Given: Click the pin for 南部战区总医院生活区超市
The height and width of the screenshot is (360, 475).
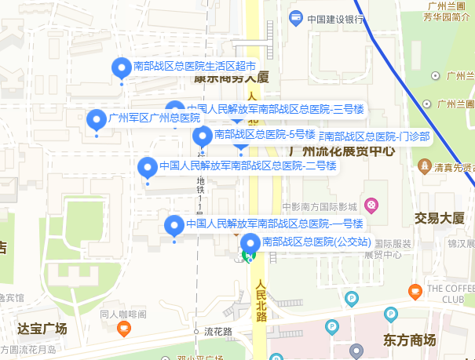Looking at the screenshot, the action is pos(121,69).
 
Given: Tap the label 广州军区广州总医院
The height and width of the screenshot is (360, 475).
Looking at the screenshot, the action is pos(155,118).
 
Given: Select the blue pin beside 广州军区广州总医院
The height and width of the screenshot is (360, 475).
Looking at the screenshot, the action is pos(96,120).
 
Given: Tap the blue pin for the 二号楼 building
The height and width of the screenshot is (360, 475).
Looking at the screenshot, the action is pos(147,167).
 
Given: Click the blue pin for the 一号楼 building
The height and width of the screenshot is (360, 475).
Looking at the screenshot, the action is pos(174,226).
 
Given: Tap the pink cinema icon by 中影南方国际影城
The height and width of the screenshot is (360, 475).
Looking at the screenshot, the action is pos(371,206).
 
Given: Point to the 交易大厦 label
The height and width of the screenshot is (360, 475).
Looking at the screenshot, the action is pos(440,218).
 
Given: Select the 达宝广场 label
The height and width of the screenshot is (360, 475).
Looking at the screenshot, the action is pos(42,328).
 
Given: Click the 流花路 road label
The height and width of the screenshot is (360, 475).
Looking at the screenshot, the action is pos(218,331).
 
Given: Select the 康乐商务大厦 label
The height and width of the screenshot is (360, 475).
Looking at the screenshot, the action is pos(232,78).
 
